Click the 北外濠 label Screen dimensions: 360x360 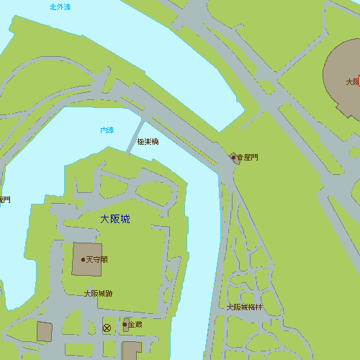(x=60, y=6)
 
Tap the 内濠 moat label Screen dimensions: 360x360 (x=107, y=130)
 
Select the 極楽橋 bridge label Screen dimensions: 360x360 (x=148, y=142)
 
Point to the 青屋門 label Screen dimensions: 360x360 (x=247, y=157)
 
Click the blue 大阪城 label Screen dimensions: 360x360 (x=115, y=218)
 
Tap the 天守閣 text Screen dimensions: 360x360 (x=96, y=260)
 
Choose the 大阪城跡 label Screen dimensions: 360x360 (x=98, y=293)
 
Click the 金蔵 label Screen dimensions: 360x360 (x=135, y=325)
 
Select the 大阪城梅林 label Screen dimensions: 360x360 (x=245, y=307)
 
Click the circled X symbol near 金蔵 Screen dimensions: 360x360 (x=107, y=328)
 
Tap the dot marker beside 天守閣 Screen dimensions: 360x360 (x=83, y=260)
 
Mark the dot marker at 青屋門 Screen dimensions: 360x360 (x=233, y=157)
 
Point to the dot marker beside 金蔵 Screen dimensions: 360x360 (x=125, y=325)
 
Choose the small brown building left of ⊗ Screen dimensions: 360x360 (x=44, y=332)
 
